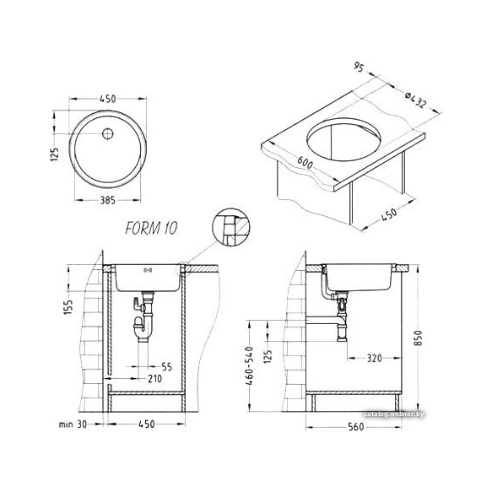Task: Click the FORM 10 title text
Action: (151, 228)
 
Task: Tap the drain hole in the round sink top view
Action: (108, 133)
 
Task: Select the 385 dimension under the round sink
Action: (108, 200)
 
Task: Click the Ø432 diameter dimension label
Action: (415, 100)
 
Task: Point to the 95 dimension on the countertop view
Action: (359, 67)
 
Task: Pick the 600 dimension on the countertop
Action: (305, 162)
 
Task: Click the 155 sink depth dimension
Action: (68, 307)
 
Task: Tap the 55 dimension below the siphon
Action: (167, 366)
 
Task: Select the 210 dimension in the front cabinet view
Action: (154, 379)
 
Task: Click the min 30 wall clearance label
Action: (73, 424)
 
